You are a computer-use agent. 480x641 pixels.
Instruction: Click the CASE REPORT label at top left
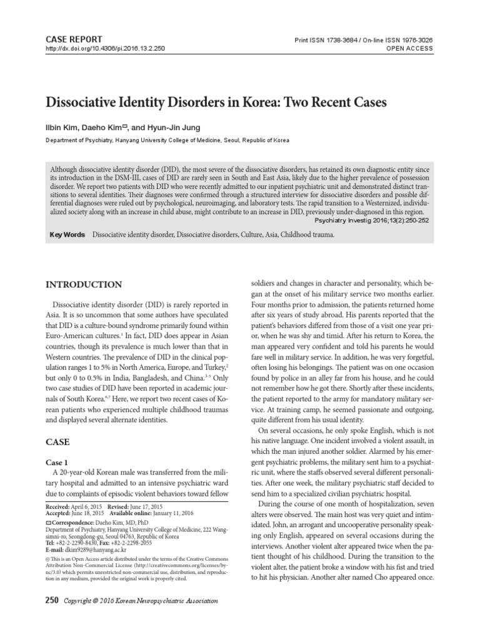[x=71, y=38]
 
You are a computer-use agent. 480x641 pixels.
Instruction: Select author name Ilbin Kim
[x=62, y=128]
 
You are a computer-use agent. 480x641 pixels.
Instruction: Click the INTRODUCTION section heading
[x=84, y=285]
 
